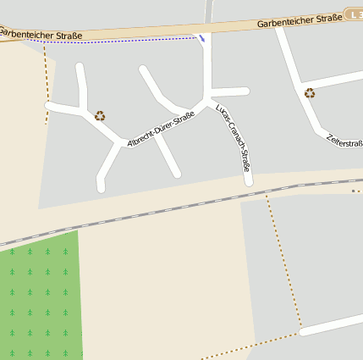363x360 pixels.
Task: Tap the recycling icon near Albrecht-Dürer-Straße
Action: point(100,116)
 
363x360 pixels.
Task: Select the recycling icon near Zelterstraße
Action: point(310,93)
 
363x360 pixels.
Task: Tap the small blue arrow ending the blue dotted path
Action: point(201,37)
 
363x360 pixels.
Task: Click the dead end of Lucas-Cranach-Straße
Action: point(249,180)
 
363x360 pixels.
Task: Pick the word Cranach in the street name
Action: point(234,138)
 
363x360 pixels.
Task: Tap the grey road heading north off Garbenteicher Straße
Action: point(208,10)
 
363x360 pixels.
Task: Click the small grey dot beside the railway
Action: point(354,191)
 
